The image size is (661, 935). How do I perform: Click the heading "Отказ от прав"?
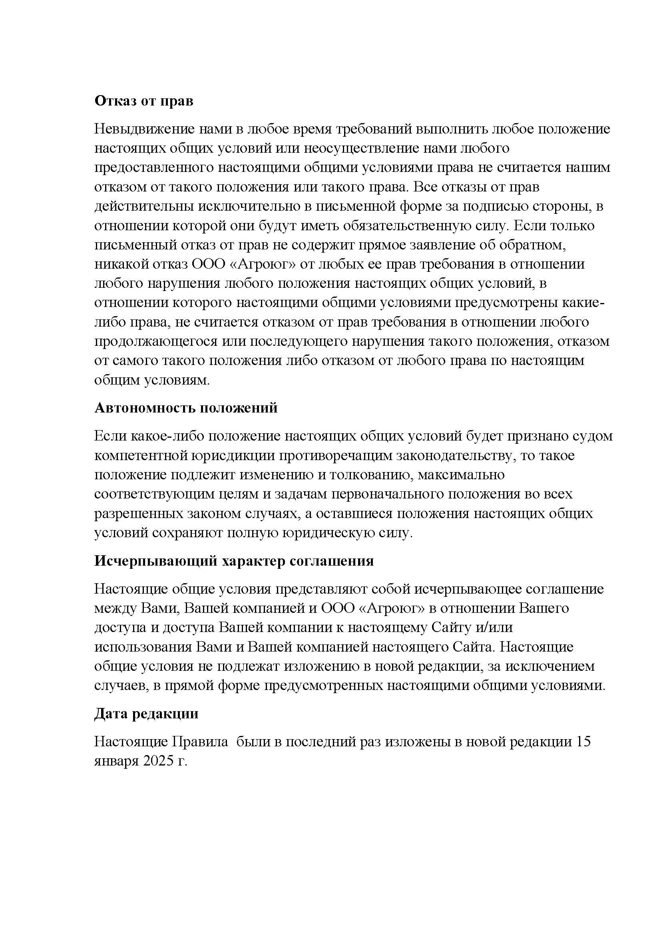point(144,101)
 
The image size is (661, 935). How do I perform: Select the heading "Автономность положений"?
point(185,408)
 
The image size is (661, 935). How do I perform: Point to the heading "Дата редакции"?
point(146,714)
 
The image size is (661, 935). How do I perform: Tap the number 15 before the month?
point(582,742)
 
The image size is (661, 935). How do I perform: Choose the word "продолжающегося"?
point(155,341)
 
